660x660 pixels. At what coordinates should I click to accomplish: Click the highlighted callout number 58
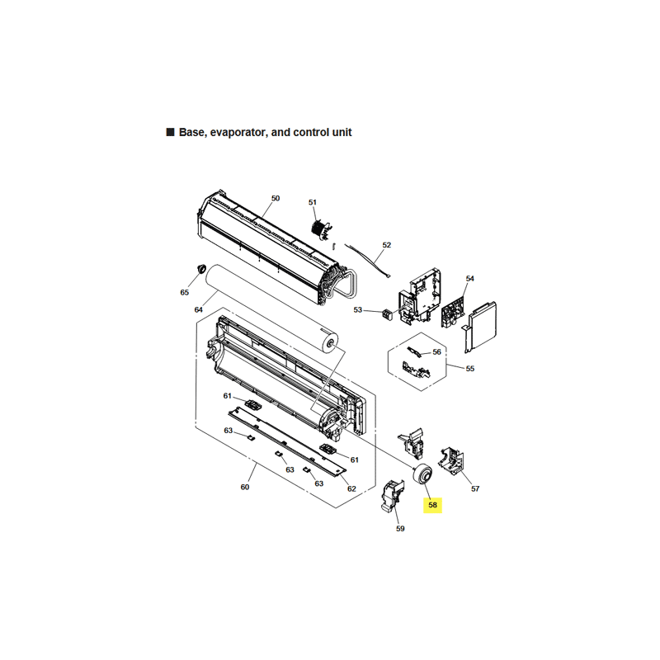432,505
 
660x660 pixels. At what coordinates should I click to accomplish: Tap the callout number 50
276,198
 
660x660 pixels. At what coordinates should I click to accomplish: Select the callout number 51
313,202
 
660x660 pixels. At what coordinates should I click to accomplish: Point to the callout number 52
387,245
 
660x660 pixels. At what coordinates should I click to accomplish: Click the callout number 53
358,310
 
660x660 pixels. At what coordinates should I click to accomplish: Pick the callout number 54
470,279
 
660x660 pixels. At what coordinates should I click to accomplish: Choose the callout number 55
470,369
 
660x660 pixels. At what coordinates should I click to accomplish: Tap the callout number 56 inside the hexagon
437,352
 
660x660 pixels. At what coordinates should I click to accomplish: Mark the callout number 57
475,488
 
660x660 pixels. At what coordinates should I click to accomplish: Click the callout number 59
400,529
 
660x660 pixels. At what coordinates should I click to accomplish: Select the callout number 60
245,487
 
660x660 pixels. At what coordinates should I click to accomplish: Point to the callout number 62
352,488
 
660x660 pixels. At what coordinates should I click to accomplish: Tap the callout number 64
199,310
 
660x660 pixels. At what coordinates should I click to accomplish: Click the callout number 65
184,293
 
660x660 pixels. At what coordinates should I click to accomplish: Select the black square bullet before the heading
171,132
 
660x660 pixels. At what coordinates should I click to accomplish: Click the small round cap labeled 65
201,267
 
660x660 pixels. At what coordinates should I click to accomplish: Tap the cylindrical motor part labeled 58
422,474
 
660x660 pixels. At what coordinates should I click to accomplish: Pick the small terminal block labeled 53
387,314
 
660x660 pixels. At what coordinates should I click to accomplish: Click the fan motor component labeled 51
321,230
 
